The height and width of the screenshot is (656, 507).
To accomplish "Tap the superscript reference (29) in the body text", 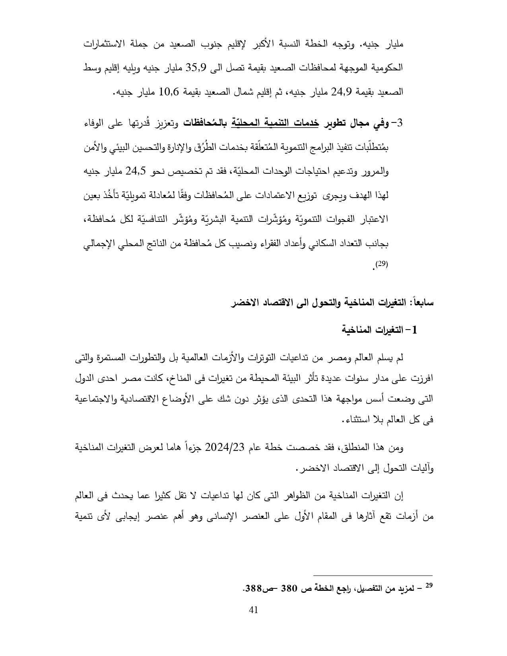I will (x=381, y=264).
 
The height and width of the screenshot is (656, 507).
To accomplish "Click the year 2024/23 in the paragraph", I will (x=225, y=448).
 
